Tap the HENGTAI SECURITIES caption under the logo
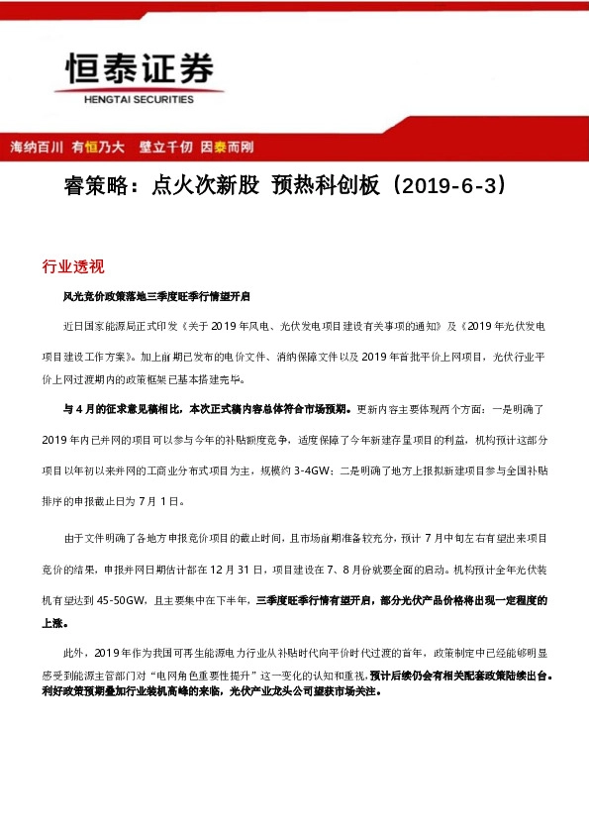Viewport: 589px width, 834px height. (138, 99)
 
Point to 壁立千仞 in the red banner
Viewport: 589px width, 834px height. (165, 147)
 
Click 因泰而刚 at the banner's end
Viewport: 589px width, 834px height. (227, 147)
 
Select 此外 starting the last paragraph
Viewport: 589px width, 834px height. (74, 653)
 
